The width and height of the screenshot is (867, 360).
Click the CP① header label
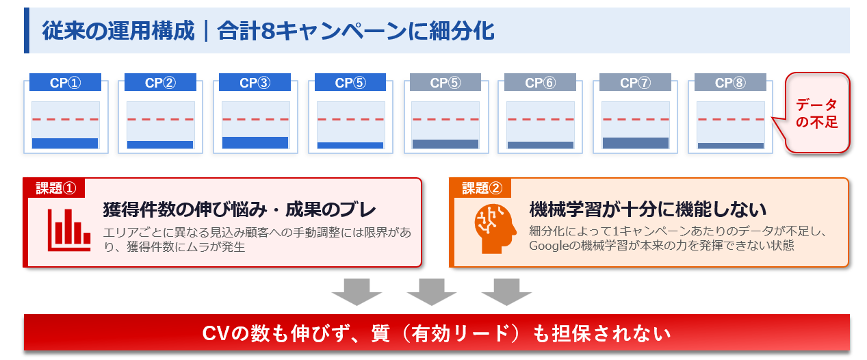tap(65, 83)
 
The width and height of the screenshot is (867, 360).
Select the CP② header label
tap(160, 83)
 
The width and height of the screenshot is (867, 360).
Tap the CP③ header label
tap(255, 83)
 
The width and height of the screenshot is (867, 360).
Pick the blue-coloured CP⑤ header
tap(350, 83)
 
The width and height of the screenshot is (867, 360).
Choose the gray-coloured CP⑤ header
tap(445, 83)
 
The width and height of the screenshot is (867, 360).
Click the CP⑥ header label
tap(541, 83)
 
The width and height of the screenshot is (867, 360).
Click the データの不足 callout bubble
tap(816, 114)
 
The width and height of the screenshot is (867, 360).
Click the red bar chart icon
tap(69, 229)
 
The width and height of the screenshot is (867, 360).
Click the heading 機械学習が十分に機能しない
tap(647, 209)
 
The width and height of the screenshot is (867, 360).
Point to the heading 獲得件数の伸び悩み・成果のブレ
tap(240, 209)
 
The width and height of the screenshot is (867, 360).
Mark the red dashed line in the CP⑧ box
tap(731, 119)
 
